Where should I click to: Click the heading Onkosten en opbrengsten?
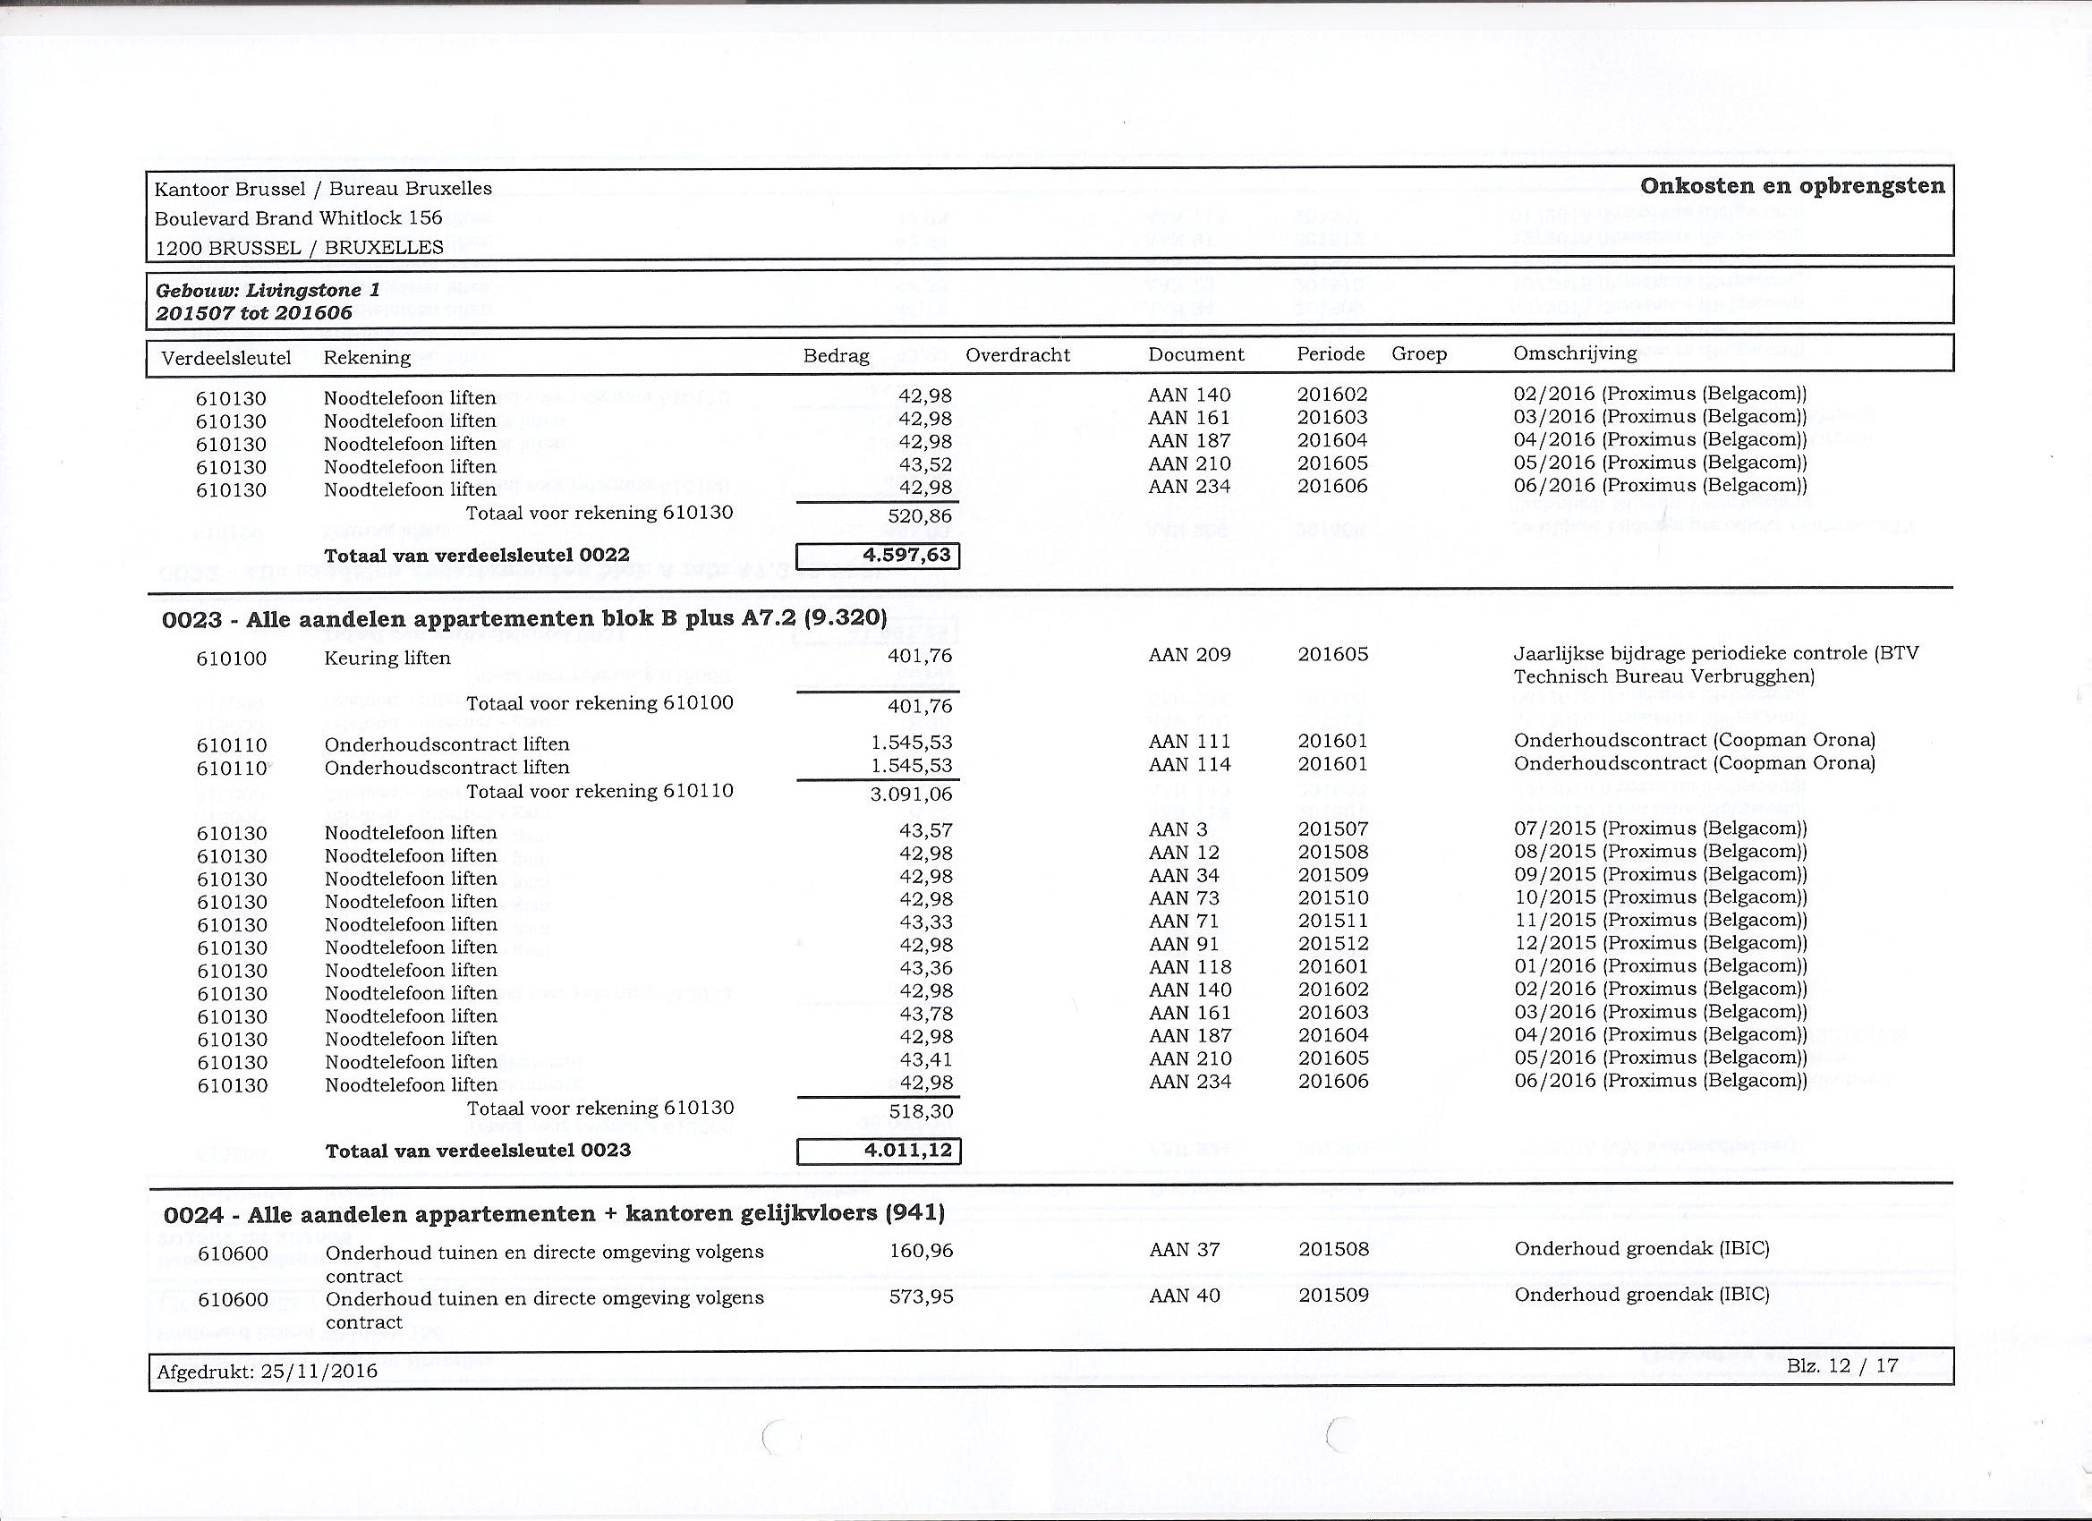pos(1792,186)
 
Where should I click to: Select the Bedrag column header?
pos(836,356)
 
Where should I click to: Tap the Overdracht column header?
pos(1017,355)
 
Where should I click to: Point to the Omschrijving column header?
pos(1575,353)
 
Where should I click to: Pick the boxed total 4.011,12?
pos(879,1151)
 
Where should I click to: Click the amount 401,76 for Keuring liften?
pos(919,657)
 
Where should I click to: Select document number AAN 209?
pos(1189,655)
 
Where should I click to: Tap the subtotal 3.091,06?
pos(911,794)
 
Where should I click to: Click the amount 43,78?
pos(925,1015)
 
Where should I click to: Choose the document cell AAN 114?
pos(1189,765)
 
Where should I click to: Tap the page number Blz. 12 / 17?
pos(1842,1366)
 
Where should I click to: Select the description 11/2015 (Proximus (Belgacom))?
pos(1660,921)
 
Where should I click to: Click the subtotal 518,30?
pos(921,1112)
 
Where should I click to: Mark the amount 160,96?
pos(921,1251)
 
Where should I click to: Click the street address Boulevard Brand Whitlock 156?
pos(298,218)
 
